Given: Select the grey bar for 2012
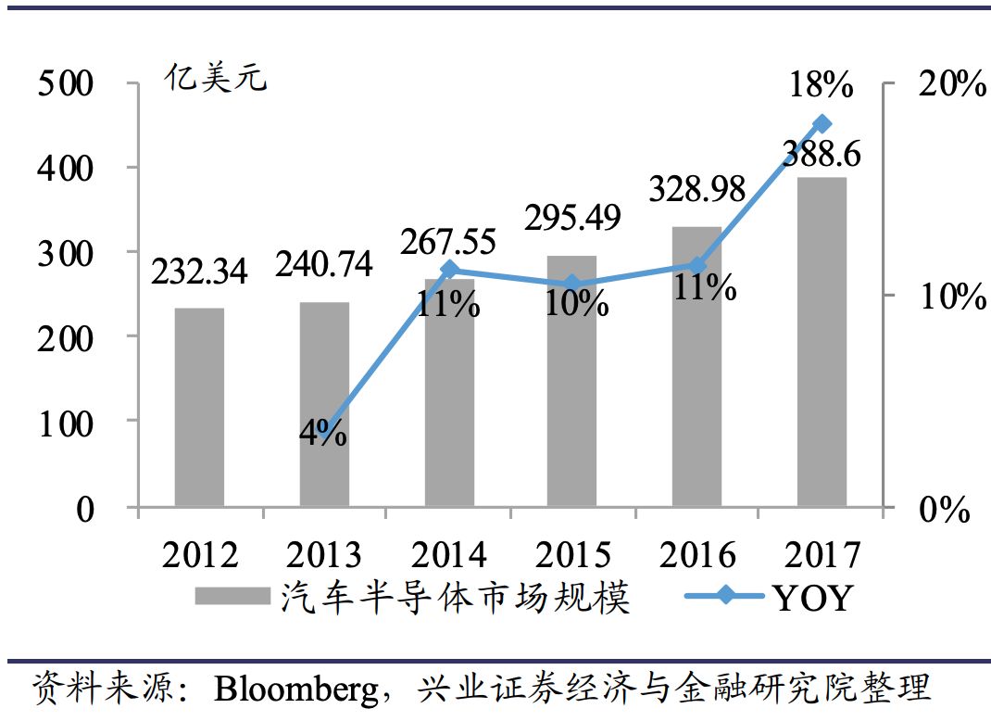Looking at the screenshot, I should click(199, 408).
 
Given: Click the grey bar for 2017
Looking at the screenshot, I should click(822, 343).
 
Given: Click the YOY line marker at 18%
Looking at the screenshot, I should click(822, 123).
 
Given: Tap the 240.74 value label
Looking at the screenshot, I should click(324, 265).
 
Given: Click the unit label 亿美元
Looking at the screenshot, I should click(215, 78).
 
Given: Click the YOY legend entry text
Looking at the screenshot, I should click(810, 598).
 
